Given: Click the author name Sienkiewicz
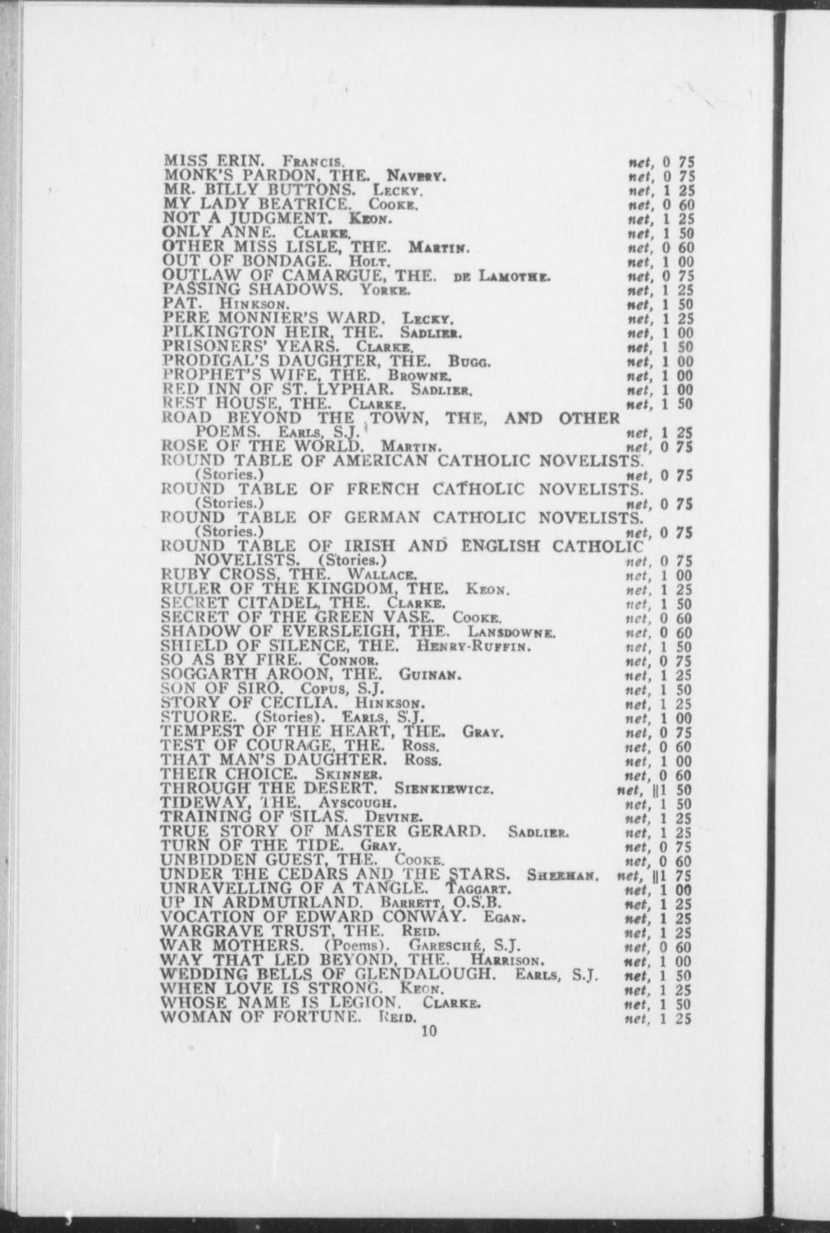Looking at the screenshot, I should (x=443, y=789).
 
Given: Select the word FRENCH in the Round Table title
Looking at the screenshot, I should (x=383, y=489).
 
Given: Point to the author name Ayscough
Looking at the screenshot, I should (x=358, y=804).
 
